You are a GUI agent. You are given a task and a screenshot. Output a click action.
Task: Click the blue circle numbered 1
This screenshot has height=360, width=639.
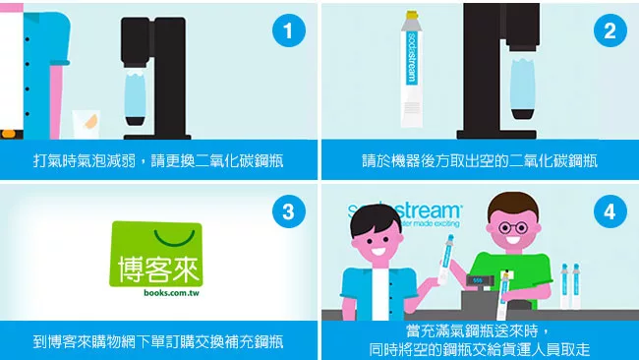pos(288,30)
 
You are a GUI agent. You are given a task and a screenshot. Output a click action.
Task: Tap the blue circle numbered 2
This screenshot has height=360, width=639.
pos(610,30)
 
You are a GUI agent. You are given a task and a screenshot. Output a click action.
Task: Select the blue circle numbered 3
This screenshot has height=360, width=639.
pos(288,211)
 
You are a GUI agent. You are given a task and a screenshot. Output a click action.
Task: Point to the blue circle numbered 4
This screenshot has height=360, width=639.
pos(610,211)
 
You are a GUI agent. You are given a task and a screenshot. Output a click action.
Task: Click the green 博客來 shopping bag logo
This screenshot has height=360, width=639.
pos(156,254)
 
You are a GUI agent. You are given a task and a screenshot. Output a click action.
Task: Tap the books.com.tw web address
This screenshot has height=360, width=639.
pos(171,293)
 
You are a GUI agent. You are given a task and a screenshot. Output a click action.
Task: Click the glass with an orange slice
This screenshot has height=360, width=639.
pos(86,124)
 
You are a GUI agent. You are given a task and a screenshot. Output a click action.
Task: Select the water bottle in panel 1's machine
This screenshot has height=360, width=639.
pos(135,96)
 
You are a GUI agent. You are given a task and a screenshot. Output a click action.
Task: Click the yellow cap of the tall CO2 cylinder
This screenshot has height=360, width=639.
pos(412,16)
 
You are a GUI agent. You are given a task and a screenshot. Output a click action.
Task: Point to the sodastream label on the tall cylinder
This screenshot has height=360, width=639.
pos(412,58)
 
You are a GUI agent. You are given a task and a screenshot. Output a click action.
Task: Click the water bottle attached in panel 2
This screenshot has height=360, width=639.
pos(523,89)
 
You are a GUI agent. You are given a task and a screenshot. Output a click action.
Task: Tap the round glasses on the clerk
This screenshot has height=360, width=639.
pos(512,227)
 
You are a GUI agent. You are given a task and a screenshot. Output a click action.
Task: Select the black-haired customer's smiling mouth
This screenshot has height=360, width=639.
pos(378,251)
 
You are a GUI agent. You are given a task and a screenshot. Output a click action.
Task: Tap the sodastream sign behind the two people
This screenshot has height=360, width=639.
pos(404,213)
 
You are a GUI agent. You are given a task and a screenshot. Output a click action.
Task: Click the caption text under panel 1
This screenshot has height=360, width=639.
pos(158,160)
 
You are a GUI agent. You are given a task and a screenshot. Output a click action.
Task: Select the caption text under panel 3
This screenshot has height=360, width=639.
pos(158,341)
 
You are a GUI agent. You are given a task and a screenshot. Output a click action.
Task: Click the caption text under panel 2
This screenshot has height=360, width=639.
pos(480,160)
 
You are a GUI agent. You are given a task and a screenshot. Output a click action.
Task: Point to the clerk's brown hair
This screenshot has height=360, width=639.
pos(513,203)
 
